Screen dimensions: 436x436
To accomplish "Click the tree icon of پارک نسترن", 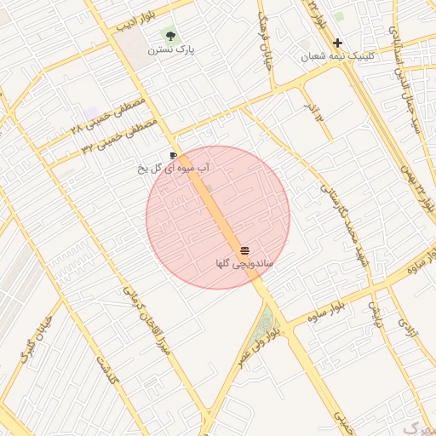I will tap(171, 36).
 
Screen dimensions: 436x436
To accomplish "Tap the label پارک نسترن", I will tap(171, 50).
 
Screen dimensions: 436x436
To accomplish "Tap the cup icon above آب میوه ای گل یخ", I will tap(174, 156).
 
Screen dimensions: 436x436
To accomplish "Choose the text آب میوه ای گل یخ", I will tap(175, 169).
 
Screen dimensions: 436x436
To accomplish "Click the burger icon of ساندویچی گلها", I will tap(245, 250).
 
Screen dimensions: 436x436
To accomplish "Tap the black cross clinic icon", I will tap(338, 43).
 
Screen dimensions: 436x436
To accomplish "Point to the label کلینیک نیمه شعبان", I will tap(337, 57).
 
